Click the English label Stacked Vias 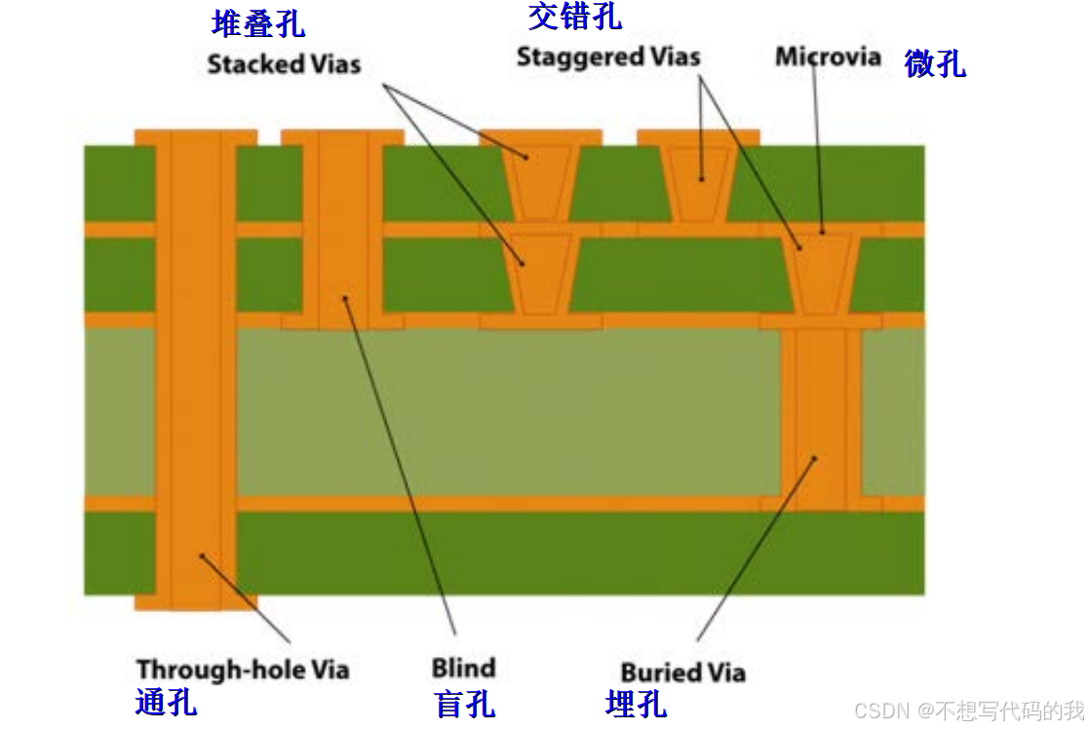click(x=284, y=64)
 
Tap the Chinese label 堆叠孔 click(x=257, y=23)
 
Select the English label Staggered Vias click(x=608, y=56)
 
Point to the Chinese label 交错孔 click(x=574, y=16)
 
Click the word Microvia click(x=828, y=57)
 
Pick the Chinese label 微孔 click(x=934, y=63)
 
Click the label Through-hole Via click(x=243, y=670)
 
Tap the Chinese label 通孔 click(x=166, y=701)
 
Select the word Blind click(x=463, y=669)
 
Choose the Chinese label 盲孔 click(x=464, y=703)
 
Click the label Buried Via click(x=682, y=672)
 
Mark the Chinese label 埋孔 click(x=636, y=703)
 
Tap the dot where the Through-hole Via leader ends click(x=202, y=557)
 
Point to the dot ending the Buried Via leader click(x=815, y=457)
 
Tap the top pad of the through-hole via click(x=196, y=137)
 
